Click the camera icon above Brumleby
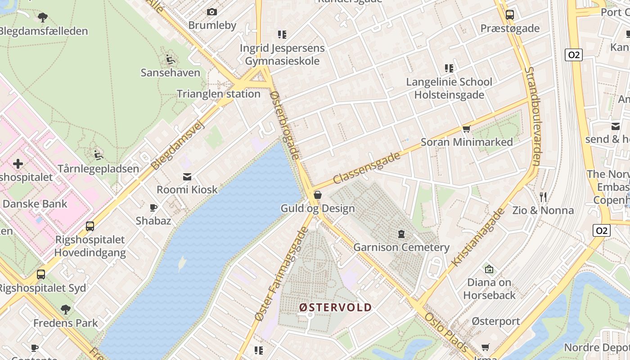[211, 12]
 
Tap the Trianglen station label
[218, 94]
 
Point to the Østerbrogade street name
[285, 125]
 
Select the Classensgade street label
[367, 168]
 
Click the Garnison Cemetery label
[401, 247]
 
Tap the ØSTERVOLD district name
[336, 307]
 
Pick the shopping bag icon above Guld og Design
[318, 195]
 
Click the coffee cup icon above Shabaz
[153, 207]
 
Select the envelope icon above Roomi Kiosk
[187, 176]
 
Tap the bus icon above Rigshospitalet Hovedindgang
[90, 226]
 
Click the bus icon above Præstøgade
[509, 14]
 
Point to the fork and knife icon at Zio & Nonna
[543, 197]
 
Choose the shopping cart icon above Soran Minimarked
[467, 129]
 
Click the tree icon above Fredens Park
[66, 309]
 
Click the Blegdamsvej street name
[177, 145]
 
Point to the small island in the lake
[181, 264]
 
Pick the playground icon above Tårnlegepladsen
[98, 155]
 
